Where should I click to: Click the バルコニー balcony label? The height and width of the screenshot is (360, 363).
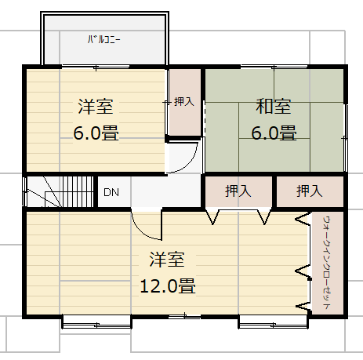coord(104,39)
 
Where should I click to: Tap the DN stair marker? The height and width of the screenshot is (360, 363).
coord(111,192)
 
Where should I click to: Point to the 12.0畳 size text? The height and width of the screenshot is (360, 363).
coord(167,285)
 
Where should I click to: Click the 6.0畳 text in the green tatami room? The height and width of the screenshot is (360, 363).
coord(273,133)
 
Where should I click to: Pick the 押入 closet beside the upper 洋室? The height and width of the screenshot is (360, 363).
coord(184,102)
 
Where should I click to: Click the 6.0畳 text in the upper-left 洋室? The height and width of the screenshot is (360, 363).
coord(96,133)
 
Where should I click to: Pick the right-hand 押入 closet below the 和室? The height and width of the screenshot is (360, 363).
coord(309,191)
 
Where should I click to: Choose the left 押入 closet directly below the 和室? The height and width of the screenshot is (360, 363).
coord(238,191)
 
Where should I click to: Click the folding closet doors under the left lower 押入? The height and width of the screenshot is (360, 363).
coord(238,215)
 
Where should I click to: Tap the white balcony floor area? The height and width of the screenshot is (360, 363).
coord(104,51)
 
